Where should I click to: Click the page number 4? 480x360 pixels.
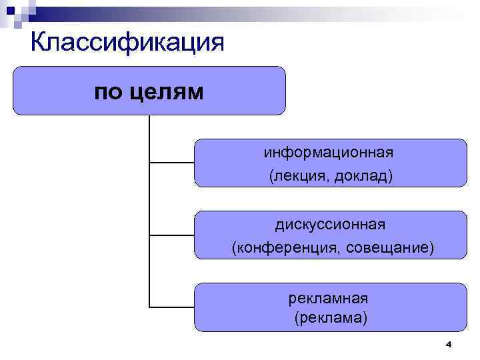(x=448, y=344)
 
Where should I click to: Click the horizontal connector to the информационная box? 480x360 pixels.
(x=172, y=162)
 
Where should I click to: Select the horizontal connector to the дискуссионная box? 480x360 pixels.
(x=172, y=235)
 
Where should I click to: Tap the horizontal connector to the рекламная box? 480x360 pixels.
(x=172, y=307)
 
